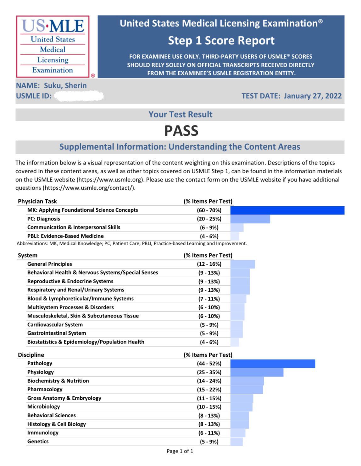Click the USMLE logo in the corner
click(53, 46)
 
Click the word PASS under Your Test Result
click(181, 131)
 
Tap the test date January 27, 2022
click(313, 96)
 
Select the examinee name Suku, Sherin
click(65, 85)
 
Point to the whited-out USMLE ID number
click(79, 96)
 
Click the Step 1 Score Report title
click(221, 41)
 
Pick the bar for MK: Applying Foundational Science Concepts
click(287, 210)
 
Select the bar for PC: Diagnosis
click(250, 219)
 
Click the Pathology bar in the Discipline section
click(273, 364)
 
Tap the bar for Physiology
click(257, 372)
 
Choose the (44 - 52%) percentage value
click(209, 364)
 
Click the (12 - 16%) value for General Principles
click(209, 264)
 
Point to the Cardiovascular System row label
click(55, 325)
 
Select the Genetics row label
click(38, 442)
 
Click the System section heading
click(28, 255)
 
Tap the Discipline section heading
click(31, 355)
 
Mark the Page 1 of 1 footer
click(180, 451)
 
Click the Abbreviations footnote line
click(132, 244)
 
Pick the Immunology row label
click(43, 433)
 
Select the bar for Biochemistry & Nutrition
click(247, 381)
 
